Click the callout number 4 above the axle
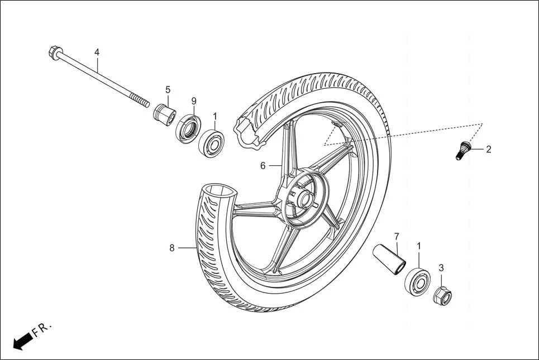point(97,52)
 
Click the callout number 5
point(167,89)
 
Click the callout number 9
point(194,100)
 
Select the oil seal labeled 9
point(188,128)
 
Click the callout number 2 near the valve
point(488,149)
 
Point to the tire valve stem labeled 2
point(462,150)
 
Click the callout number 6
point(263,166)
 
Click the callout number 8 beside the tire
point(172,247)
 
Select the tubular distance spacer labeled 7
point(389,258)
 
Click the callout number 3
point(441,268)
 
